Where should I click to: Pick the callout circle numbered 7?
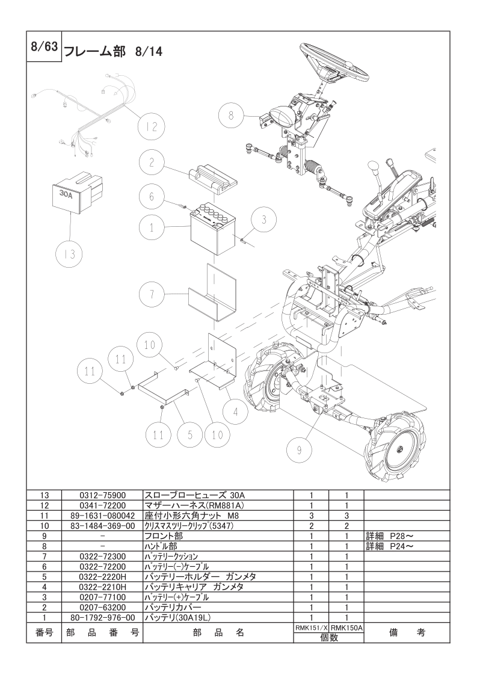pos(152,295)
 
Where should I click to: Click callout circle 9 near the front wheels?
pos(300,448)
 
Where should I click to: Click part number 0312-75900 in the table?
pos(102,495)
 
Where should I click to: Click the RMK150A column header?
pos(346,627)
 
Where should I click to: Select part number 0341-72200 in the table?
pos(102,505)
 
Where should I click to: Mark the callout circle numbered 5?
pos(189,434)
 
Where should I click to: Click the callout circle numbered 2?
pos(152,162)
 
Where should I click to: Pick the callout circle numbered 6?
pos(152,196)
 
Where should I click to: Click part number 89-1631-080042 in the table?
pos(102,516)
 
